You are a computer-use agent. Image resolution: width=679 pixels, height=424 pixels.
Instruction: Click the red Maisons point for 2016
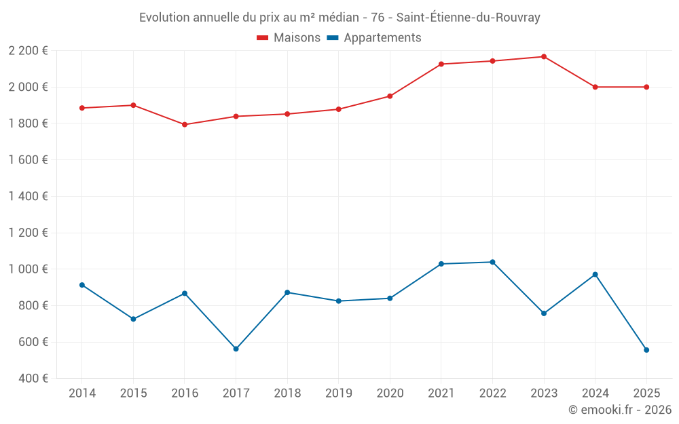tap(185, 124)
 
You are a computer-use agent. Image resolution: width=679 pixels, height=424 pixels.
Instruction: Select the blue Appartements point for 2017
tap(236, 349)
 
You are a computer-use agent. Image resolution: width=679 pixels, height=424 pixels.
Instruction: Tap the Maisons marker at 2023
tap(544, 57)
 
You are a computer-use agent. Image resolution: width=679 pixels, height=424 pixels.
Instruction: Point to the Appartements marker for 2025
tap(646, 350)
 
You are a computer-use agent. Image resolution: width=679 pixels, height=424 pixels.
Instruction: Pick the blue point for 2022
tap(492, 262)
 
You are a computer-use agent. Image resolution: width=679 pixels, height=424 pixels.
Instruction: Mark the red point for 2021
tap(441, 64)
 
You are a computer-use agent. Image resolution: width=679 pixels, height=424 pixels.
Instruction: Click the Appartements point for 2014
tap(82, 285)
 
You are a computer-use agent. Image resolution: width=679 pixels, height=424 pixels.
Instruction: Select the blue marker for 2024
tap(595, 275)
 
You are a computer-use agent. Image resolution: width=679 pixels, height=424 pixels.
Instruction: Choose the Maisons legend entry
tap(289, 38)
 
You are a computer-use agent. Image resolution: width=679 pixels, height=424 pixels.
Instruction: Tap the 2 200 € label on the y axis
tap(28, 50)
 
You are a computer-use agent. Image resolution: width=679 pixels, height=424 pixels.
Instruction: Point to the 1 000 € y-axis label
tap(28, 269)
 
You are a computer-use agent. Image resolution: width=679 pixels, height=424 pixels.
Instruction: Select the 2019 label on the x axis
tap(338, 393)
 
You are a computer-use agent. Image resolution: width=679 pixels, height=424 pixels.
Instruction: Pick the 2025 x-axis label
tap(646, 393)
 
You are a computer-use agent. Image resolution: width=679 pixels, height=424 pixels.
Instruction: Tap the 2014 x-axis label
tap(82, 393)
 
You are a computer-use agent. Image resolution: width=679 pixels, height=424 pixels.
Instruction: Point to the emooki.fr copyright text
tap(619, 410)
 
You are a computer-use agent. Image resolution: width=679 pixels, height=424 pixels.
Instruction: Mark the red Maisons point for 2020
tap(390, 96)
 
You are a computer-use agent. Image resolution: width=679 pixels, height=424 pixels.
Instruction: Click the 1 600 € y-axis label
tap(28, 159)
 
